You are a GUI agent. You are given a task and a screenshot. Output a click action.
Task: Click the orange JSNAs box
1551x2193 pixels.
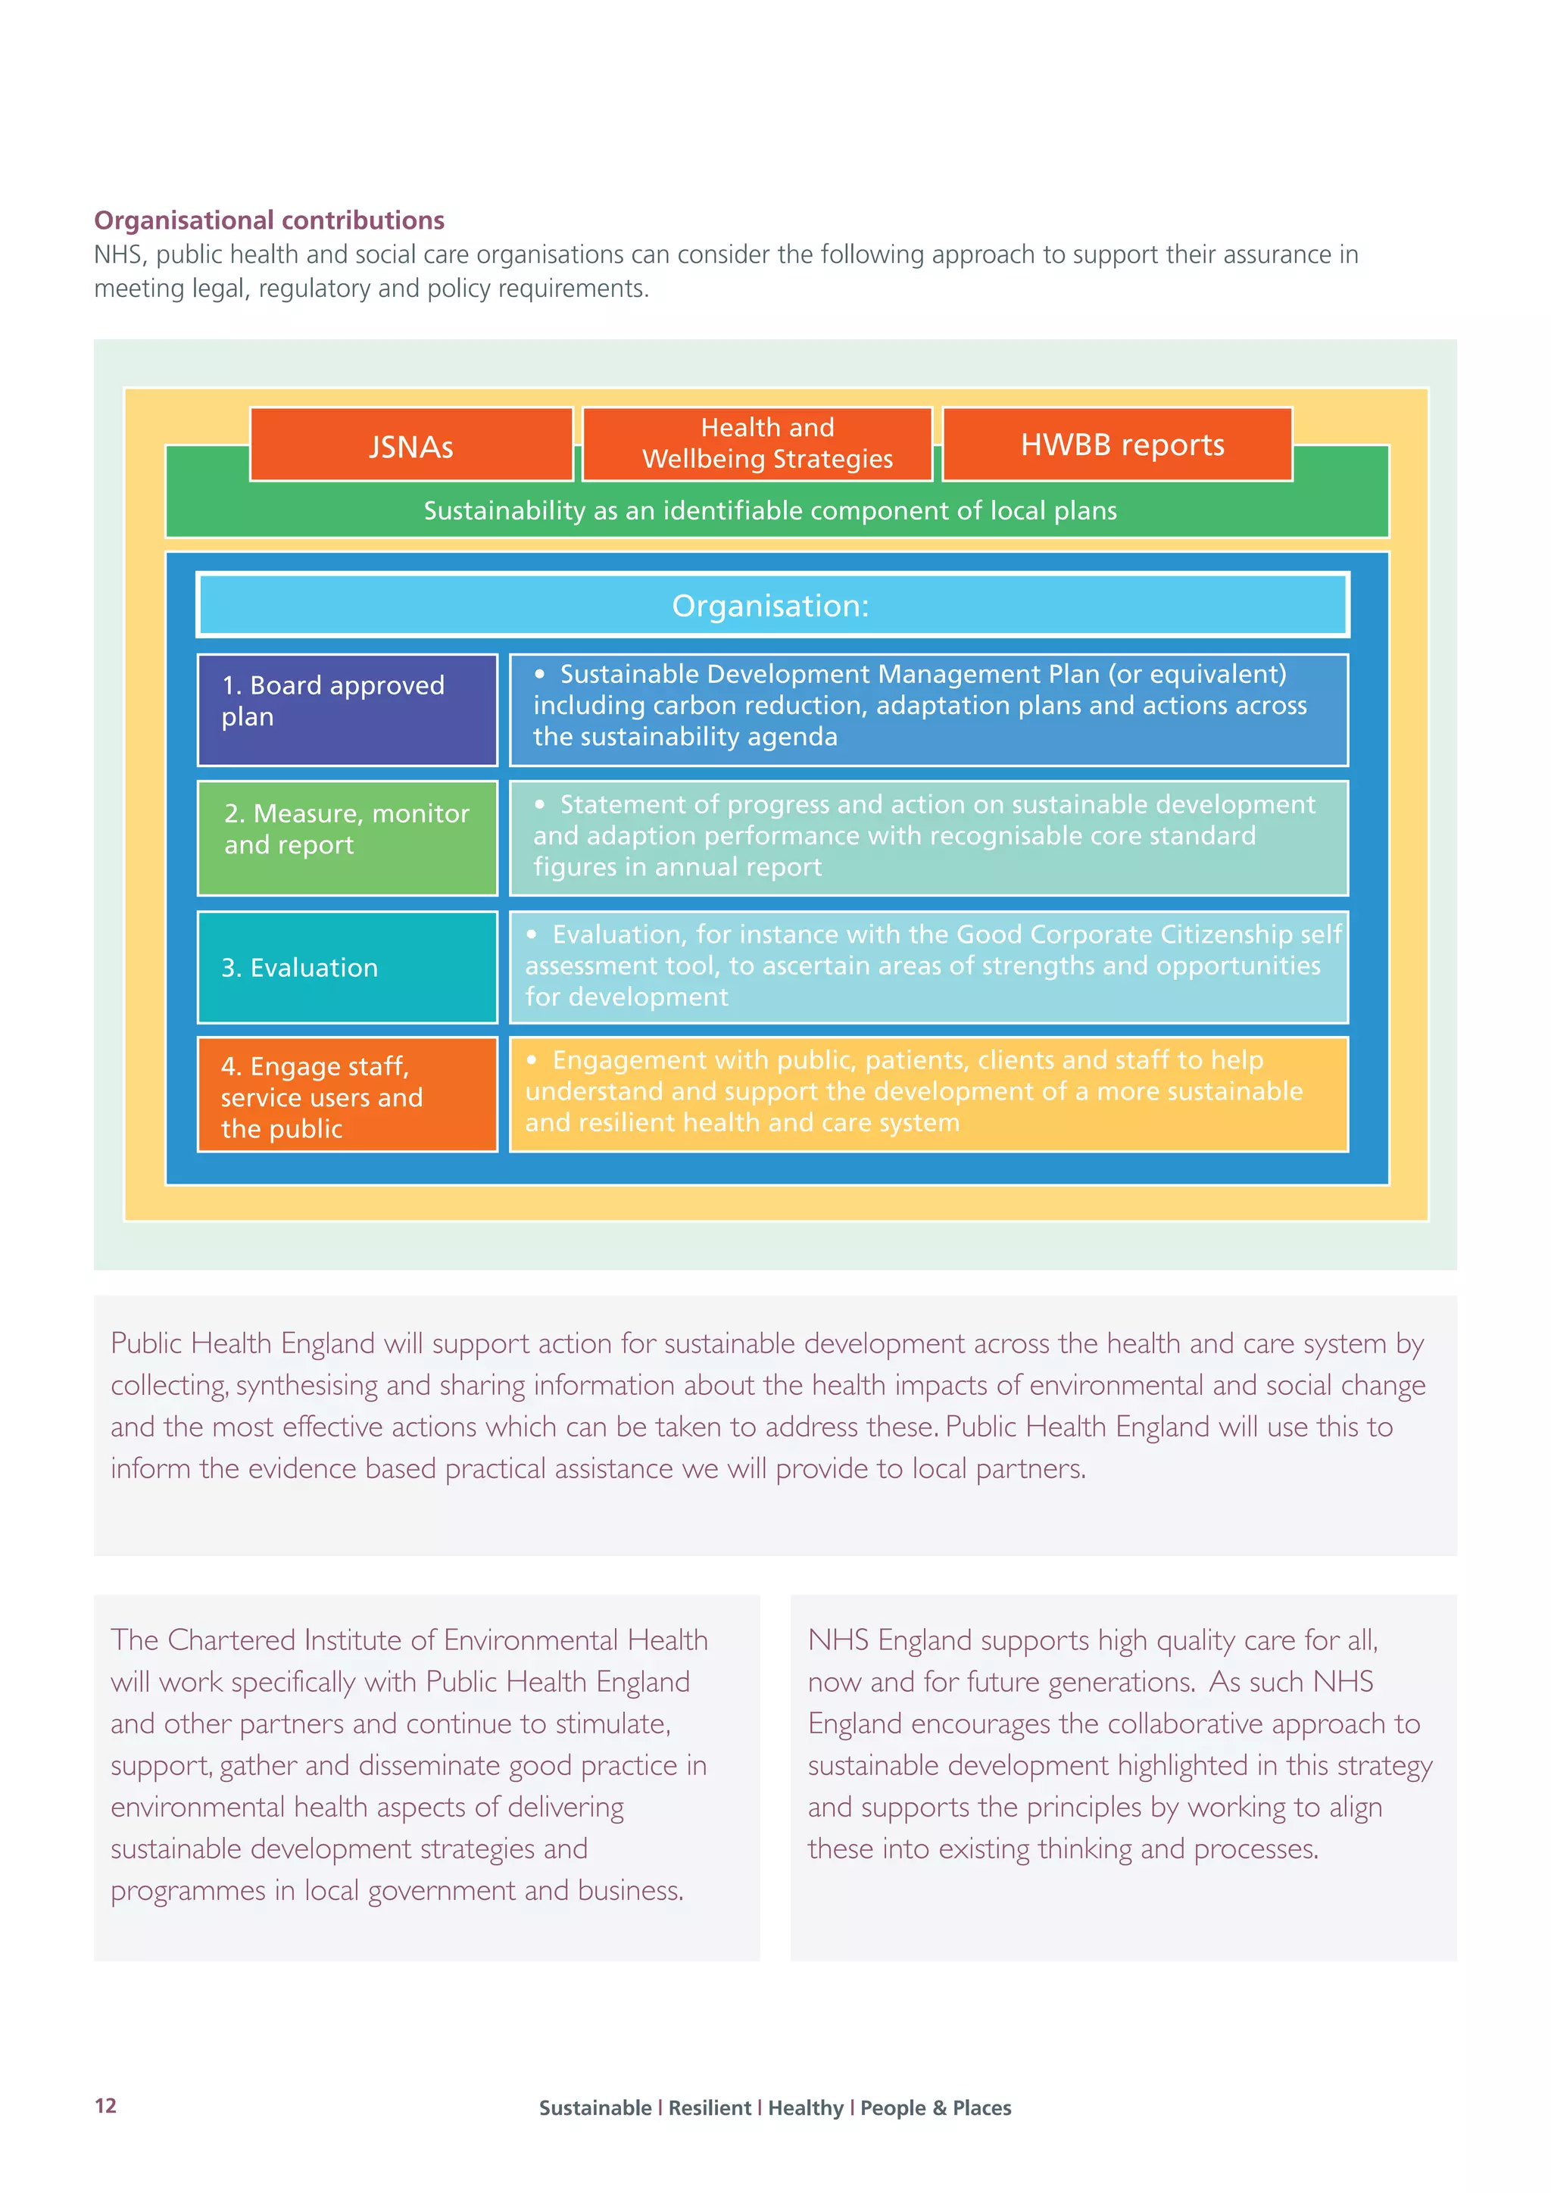click(410, 445)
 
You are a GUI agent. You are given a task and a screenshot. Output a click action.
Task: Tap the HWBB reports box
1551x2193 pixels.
click(1117, 445)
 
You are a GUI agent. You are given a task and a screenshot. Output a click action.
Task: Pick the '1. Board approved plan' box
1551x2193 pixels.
click(347, 710)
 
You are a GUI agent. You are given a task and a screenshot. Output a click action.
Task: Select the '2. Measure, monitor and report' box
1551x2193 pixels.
click(347, 838)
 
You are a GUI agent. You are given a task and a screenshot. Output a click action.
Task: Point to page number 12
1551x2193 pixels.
click(105, 2106)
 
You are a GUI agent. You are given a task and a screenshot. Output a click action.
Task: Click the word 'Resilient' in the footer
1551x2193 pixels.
click(709, 2108)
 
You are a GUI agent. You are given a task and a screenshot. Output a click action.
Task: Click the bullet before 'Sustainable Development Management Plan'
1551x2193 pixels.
click(540, 673)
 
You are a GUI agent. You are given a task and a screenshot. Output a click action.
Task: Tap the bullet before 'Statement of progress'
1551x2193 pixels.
click(540, 804)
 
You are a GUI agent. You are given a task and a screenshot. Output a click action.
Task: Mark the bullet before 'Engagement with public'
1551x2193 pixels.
click(532, 1059)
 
